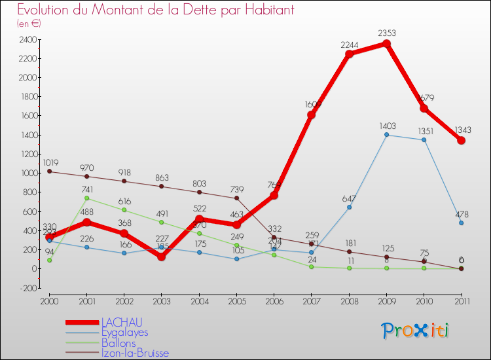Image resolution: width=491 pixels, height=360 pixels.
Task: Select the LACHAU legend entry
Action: [121, 322]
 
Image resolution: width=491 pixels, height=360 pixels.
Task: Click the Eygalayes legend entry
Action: [124, 333]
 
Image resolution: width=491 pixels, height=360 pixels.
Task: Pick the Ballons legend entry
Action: [118, 343]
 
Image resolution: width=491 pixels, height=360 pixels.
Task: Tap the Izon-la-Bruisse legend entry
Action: [134, 353]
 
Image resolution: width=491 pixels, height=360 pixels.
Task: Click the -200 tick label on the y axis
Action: [27, 288]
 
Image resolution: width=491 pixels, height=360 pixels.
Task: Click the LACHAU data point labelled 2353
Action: [386, 44]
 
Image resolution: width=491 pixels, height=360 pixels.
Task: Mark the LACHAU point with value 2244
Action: [349, 54]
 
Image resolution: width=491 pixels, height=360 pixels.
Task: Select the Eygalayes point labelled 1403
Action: [386, 135]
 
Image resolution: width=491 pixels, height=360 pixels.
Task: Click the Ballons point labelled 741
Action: [87, 198]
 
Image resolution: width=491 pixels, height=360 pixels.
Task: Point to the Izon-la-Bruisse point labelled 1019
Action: [50, 171]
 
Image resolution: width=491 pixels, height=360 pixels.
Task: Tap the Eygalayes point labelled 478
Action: [461, 223]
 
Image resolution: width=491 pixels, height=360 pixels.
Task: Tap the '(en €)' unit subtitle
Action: [29, 24]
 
